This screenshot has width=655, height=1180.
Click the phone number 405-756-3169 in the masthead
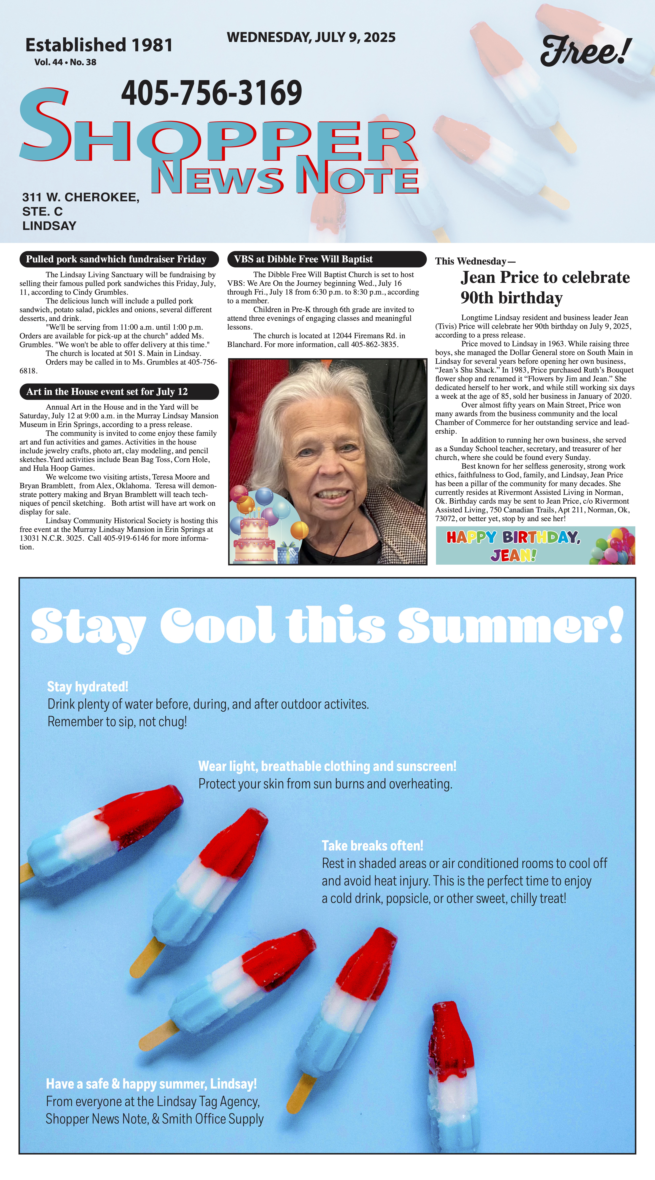pyautogui.click(x=212, y=93)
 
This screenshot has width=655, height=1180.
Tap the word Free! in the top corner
pyautogui.click(x=586, y=51)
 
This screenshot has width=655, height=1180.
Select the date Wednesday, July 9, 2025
pyautogui.click(x=311, y=37)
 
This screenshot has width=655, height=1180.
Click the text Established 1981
pyautogui.click(x=99, y=45)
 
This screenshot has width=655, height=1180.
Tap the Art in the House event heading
pyautogui.click(x=107, y=392)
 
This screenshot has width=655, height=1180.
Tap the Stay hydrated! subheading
pyautogui.click(x=88, y=687)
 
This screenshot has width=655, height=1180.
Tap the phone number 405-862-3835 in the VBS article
pyautogui.click(x=374, y=344)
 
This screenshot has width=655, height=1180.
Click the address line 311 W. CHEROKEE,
pyautogui.click(x=81, y=197)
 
